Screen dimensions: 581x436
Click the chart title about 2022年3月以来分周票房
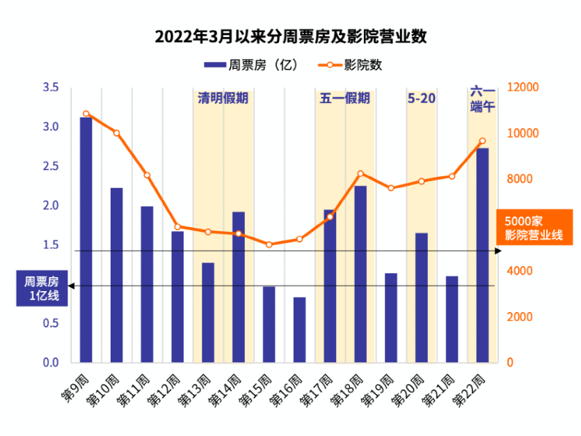click(291, 36)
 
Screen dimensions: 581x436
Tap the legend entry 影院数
click(350, 65)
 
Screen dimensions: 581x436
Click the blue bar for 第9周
click(86, 240)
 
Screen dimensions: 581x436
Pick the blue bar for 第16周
click(299, 329)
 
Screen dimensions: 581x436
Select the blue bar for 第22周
click(482, 255)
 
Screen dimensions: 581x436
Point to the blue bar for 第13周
click(208, 312)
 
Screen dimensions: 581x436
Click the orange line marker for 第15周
click(269, 244)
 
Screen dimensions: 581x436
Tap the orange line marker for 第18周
click(360, 173)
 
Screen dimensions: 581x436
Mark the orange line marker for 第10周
click(117, 133)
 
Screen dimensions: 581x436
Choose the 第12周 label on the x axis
click(163, 391)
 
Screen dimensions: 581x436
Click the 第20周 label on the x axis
click(407, 391)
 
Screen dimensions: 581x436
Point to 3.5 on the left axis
click(51, 87)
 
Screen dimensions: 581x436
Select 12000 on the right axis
click(523, 87)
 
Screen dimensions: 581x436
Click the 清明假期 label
click(223, 98)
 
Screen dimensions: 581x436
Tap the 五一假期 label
click(344, 98)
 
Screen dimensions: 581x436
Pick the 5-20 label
click(421, 98)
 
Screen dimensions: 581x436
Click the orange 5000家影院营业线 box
click(534, 227)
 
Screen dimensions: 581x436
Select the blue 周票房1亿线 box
click(42, 288)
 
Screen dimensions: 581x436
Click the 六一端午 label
click(482, 99)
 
